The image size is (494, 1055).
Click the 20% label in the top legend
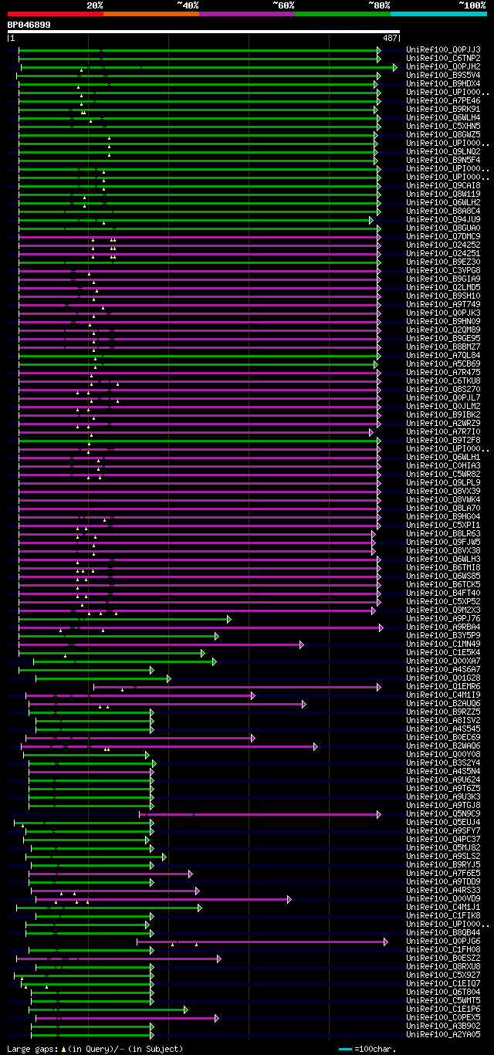coord(95,5)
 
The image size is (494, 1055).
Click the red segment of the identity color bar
coord(55,13)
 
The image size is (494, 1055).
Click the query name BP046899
coord(29,25)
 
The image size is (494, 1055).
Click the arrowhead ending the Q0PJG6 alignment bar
coord(386,941)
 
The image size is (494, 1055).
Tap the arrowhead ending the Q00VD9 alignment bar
coord(289,898)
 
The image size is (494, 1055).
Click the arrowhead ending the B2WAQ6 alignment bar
coord(315,746)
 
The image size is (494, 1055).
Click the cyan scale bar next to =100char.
coord(345,1049)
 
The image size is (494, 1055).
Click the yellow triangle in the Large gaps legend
coord(63,1049)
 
